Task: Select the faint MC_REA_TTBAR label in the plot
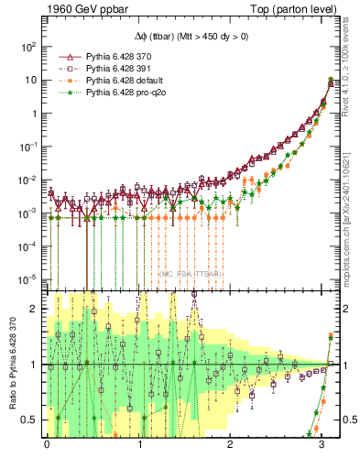pos(188,273)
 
